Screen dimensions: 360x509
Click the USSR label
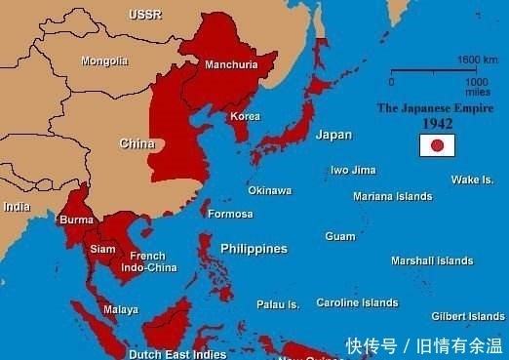tap(145, 14)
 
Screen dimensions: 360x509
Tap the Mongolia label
tap(104, 60)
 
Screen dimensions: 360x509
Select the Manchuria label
tap(231, 65)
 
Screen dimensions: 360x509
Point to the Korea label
tap(245, 116)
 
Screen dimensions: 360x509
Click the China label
tap(137, 143)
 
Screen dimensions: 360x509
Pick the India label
tap(17, 207)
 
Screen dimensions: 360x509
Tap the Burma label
tap(77, 220)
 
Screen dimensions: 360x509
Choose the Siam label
tap(102, 249)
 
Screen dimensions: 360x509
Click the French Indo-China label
tap(148, 261)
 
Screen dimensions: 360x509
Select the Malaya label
tap(120, 309)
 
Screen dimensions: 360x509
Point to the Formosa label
tap(231, 214)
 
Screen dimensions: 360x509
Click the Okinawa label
tap(269, 190)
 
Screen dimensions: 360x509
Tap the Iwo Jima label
tap(353, 170)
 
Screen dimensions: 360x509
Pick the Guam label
tap(340, 236)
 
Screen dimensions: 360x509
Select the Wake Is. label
tap(472, 180)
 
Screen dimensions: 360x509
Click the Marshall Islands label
tap(432, 260)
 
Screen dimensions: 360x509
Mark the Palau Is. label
tap(278, 304)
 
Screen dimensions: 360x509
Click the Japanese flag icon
tap(438, 146)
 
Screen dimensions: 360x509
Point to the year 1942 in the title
tap(437, 124)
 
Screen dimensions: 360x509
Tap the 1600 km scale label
tap(479, 60)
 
